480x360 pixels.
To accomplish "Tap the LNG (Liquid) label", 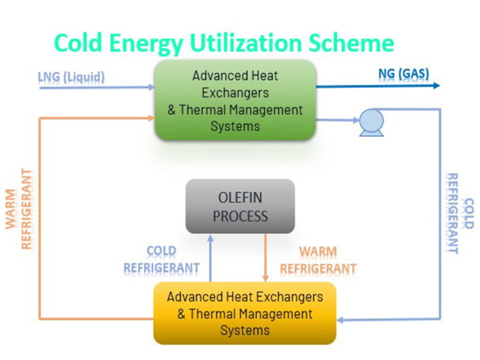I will point(71,77).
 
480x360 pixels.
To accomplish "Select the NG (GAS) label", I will point(404,74).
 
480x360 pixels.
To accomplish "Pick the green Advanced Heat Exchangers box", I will point(235,100).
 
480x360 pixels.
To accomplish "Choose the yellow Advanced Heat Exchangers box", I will point(244,312).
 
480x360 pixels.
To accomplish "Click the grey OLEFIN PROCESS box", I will point(240,207).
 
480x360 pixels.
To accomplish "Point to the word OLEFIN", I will point(240,198).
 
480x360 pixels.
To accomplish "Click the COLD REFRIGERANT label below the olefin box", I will point(161,260).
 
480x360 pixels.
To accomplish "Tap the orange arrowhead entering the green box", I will point(151,117).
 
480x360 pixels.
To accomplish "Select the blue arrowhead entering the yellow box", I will point(341,319).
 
